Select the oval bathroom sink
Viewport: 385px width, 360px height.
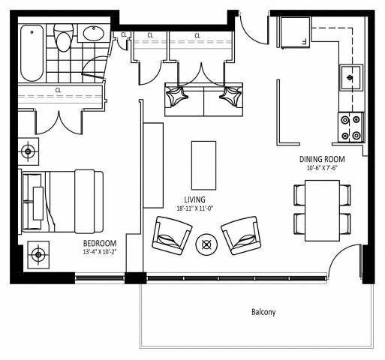[x=95, y=34]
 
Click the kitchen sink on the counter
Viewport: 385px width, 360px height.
[x=349, y=76]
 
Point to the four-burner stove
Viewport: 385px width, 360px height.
[x=349, y=126]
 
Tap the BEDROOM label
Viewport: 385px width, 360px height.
[x=99, y=244]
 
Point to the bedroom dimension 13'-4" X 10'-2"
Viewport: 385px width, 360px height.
[x=99, y=253]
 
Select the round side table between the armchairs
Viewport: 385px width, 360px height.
[x=206, y=244]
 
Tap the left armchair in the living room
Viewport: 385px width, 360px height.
[x=172, y=234]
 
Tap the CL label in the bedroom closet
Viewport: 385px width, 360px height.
[x=58, y=91]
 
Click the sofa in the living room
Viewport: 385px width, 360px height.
[x=203, y=100]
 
